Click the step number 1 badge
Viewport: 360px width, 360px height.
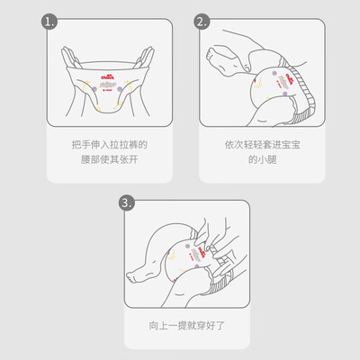[49, 22]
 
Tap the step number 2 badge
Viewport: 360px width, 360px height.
[202, 22]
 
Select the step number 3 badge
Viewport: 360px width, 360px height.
[127, 202]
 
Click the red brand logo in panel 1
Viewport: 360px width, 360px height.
[107, 77]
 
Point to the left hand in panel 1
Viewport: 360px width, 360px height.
[71, 58]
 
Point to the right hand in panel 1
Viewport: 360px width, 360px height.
[145, 58]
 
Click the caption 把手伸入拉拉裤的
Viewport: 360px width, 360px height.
[110, 145]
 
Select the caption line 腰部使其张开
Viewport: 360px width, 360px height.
[110, 159]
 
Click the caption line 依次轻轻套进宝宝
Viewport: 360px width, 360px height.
[262, 145]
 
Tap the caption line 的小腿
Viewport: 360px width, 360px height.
[262, 159]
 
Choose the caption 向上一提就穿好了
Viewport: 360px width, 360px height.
[186, 326]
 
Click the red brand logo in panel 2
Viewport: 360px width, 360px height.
[290, 77]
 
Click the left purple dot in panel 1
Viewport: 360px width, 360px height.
[94, 88]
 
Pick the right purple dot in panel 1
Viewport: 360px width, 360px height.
[120, 89]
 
